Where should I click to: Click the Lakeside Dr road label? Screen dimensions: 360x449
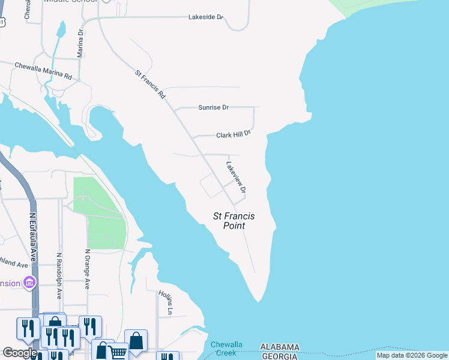tap(205, 17)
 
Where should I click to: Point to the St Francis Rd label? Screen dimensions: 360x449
tap(150, 85)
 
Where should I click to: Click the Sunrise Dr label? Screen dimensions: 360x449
tap(214, 107)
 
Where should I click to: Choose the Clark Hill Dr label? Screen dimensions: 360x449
tap(233, 135)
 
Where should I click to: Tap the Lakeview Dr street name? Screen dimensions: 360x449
tap(236, 177)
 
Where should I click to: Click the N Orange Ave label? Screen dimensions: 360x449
tap(87, 269)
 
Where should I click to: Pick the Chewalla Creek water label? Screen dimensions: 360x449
tap(226, 348)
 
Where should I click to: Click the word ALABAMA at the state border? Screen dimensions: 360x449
tap(280, 347)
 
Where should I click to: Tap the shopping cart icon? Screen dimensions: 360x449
tap(117, 352)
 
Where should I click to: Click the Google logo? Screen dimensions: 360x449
tap(19, 353)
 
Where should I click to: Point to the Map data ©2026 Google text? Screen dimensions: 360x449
tap(411, 356)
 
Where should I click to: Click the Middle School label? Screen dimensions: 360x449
tap(71, 2)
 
